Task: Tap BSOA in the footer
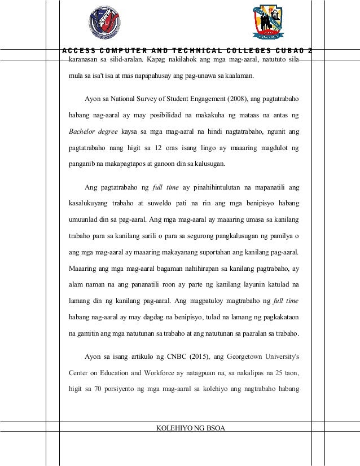coord(214,429)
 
